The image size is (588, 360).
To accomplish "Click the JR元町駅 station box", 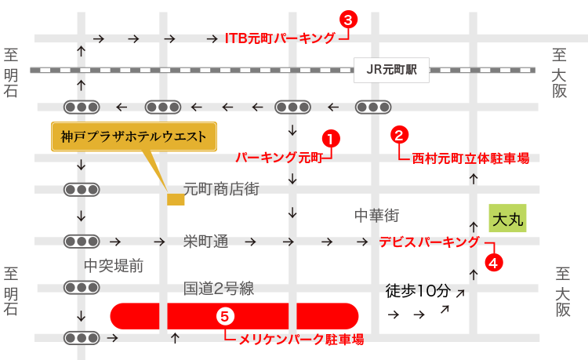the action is (391, 70).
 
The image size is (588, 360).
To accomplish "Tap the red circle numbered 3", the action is (348, 20).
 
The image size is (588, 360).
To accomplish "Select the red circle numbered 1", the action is (331, 140).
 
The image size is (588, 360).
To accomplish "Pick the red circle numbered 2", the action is (399, 135).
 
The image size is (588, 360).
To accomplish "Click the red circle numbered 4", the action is (493, 263).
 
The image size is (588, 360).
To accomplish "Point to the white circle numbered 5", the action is (225, 316).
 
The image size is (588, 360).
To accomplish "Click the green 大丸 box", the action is (507, 218).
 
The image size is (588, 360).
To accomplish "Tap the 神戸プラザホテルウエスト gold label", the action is (134, 136).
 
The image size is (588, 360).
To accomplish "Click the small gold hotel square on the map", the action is (176, 199).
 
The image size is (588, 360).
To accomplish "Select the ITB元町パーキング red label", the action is (280, 38).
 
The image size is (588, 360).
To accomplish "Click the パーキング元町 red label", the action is (279, 158).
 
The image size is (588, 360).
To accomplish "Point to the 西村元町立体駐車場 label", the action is (470, 158).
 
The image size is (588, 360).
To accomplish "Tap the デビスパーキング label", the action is (430, 242).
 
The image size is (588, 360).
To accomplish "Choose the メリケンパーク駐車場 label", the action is (302, 340).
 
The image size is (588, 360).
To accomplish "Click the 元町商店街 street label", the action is (221, 189).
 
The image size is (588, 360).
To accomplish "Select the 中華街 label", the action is (377, 216).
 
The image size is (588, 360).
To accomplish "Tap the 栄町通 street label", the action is (206, 242).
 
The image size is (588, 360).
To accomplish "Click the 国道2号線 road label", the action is (219, 289).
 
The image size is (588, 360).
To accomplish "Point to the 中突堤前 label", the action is (114, 266).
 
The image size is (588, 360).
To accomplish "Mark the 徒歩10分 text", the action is (418, 291).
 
